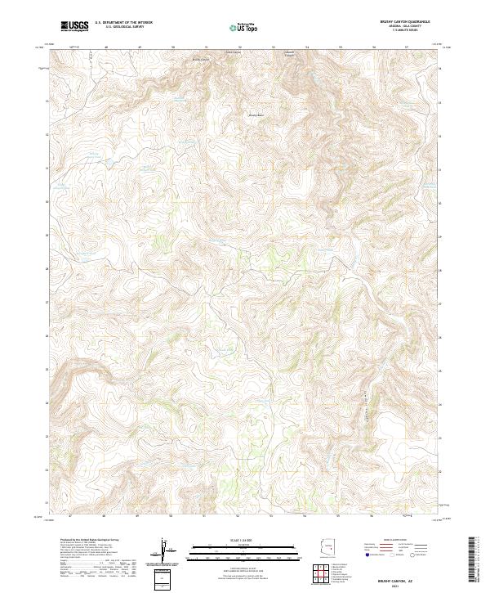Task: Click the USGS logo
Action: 74,26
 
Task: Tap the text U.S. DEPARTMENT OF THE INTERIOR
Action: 123,23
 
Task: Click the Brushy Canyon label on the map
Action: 201,59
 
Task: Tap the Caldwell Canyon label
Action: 289,55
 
